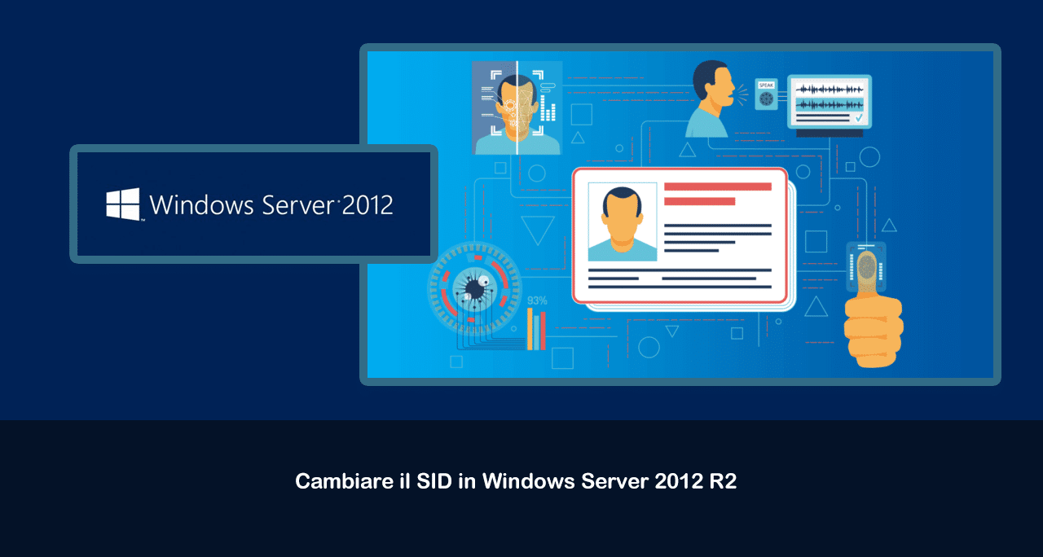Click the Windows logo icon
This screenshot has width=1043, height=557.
coord(123,204)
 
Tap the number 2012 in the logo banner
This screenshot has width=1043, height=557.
coord(367,204)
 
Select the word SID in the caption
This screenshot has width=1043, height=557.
coord(434,481)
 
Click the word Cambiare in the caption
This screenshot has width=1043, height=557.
coord(345,481)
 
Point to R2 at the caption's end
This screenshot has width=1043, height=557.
coord(723,481)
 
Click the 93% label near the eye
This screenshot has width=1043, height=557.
coord(537,300)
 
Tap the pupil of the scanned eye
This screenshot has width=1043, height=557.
coord(475,289)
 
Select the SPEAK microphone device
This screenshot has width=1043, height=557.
coord(767,94)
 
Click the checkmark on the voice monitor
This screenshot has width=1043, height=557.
coord(859,118)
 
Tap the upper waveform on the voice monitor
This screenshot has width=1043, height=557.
coord(830,89)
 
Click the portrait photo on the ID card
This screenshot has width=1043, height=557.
coord(623,221)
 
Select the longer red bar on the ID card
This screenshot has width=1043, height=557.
coord(718,186)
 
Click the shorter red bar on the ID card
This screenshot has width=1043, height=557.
coord(699,201)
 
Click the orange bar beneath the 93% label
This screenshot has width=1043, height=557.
coord(530,328)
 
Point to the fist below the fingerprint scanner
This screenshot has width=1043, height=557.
coord(874,331)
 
